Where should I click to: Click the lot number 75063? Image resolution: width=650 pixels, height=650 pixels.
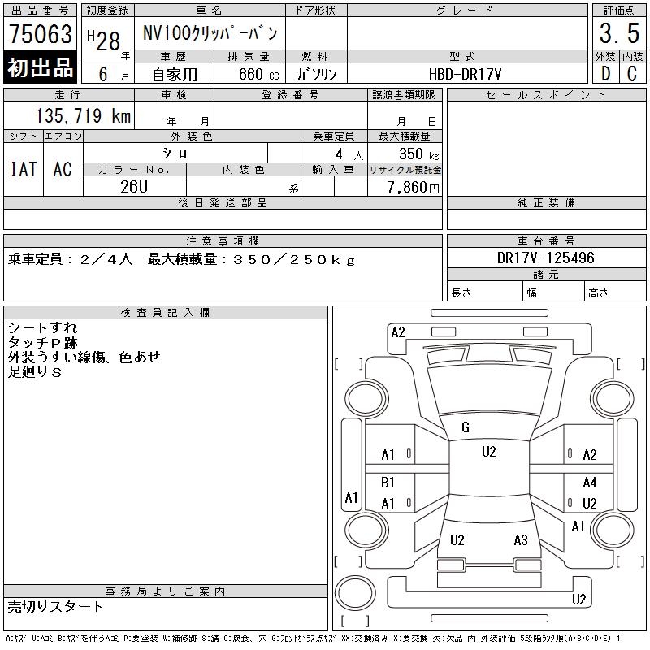point(41,33)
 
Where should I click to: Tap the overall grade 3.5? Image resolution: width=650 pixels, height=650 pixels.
point(619,33)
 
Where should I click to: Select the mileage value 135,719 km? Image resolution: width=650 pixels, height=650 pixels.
point(83,115)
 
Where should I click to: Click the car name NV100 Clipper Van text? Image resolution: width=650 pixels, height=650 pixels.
point(210,33)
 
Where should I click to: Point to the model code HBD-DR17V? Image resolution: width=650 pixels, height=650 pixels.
point(465,74)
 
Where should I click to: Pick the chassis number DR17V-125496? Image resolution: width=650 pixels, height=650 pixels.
point(545,258)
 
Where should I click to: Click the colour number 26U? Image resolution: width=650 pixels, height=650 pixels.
point(134,187)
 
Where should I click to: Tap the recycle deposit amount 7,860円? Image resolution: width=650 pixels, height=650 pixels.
point(414,188)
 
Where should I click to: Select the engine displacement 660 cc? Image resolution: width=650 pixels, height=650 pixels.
point(258,74)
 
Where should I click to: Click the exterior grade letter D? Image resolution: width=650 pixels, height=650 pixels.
point(606,74)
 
